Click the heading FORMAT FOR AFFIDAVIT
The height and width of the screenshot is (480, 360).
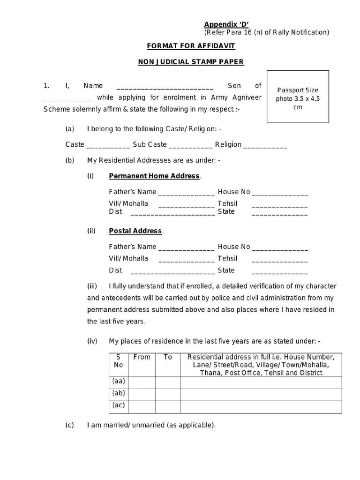point(191,46)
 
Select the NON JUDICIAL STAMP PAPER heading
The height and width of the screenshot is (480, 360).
point(191,62)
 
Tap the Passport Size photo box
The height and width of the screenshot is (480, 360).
point(298,97)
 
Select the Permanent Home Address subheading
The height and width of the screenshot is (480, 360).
point(154,176)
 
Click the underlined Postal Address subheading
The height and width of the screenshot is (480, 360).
point(135,231)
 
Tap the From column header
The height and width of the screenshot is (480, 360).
point(142,357)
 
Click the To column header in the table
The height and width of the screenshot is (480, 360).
point(168,357)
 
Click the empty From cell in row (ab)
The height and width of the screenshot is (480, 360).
point(142,394)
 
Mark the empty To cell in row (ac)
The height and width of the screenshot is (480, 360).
point(168,406)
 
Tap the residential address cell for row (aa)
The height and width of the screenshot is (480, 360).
point(261,382)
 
